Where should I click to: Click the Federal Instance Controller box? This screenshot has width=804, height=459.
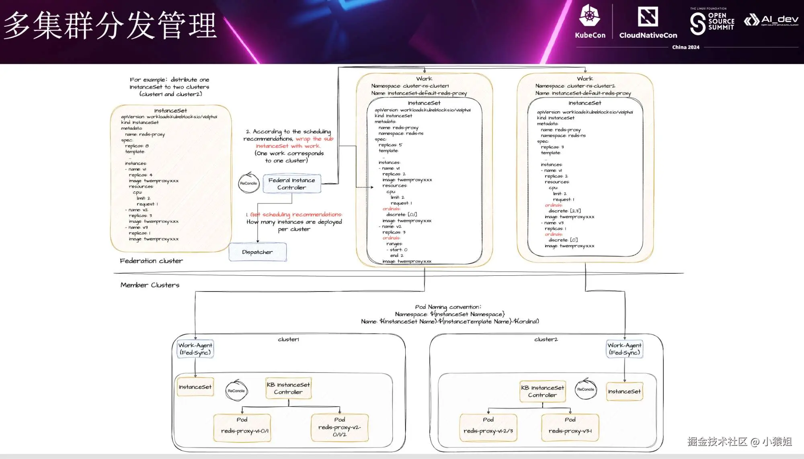click(292, 184)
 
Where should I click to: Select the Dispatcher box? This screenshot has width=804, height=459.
click(258, 252)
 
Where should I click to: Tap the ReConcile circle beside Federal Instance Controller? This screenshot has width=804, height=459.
click(249, 183)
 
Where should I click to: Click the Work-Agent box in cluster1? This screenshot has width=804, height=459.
click(195, 349)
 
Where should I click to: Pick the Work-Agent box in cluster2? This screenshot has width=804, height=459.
click(624, 349)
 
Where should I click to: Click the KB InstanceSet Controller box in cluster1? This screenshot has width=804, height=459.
click(288, 388)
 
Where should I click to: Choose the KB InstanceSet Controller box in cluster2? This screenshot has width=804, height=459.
click(543, 391)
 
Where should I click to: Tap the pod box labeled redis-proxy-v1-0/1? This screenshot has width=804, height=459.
click(242, 428)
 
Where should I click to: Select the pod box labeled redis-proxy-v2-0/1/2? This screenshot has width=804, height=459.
click(340, 428)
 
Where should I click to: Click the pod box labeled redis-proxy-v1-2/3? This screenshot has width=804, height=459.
click(488, 428)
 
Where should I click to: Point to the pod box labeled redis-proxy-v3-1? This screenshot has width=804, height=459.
click(570, 428)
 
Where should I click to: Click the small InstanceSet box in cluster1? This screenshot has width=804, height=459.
click(195, 387)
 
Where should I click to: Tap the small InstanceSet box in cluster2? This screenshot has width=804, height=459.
click(624, 391)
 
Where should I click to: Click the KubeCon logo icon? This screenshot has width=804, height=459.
click(590, 16)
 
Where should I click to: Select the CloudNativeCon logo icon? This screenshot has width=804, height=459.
click(648, 17)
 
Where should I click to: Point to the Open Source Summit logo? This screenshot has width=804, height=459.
click(712, 22)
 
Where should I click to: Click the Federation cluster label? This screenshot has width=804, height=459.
click(151, 261)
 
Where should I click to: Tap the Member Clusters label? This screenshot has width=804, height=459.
click(150, 285)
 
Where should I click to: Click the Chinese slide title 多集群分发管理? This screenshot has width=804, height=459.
click(111, 25)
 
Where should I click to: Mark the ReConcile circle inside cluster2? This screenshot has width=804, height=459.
click(586, 389)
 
